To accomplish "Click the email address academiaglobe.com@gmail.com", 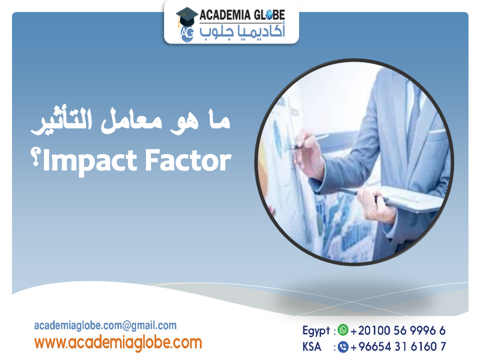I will (105, 325).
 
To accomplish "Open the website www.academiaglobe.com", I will (118, 342).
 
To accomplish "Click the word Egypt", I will (316, 330).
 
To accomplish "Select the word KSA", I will (312, 346).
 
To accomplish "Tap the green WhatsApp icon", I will (342, 330).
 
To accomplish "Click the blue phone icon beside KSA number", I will (342, 346).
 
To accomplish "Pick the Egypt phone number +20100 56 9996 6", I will (398, 330).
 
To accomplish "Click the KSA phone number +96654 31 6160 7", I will (398, 346).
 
